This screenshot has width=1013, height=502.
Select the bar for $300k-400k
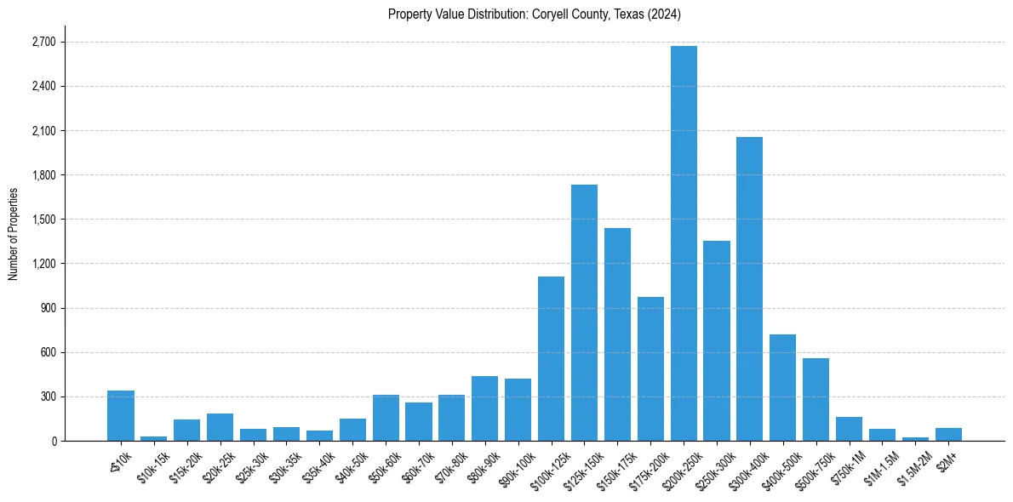point(749,289)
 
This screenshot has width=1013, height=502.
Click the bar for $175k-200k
point(650,369)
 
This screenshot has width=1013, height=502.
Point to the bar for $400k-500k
point(782,388)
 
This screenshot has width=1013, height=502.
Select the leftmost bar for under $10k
point(121,416)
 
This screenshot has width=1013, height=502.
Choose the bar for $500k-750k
point(816,400)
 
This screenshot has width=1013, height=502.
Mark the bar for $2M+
point(948,435)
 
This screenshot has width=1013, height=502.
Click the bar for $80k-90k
point(484,408)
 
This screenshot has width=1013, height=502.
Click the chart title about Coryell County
point(535,14)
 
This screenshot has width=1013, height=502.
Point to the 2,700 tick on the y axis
point(43,42)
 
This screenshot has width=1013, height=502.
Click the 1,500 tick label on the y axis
point(43,220)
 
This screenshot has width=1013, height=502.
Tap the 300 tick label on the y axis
point(47,396)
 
